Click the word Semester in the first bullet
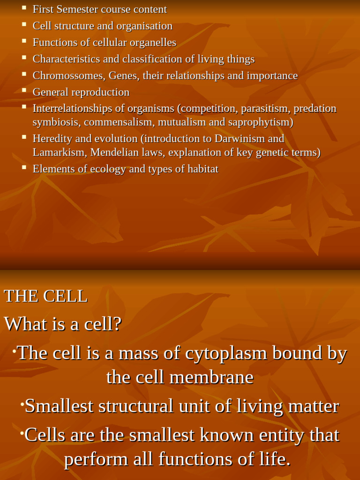76,9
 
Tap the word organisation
143,26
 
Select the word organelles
153,43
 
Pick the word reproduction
100,92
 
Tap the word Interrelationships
72,109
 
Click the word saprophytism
260,122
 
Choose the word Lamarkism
60,152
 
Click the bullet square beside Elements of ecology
24,166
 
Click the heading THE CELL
45,296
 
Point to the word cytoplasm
222,353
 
